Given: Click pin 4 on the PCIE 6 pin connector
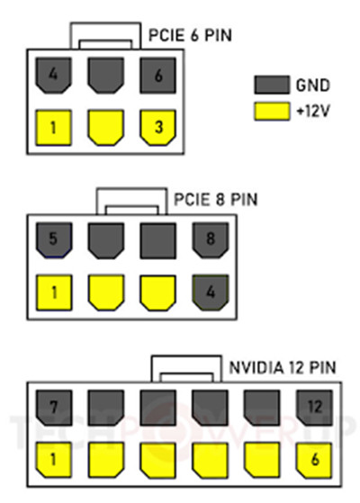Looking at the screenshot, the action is pyautogui.click(x=53, y=76).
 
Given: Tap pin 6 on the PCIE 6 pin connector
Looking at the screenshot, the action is pyautogui.click(x=157, y=76).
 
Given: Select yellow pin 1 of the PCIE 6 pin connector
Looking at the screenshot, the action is pyautogui.click(x=53, y=128).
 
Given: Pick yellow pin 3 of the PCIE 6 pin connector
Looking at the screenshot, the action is pyautogui.click(x=157, y=128).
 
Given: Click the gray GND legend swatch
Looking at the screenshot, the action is pyautogui.click(x=272, y=85).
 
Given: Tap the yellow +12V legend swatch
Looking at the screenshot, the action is pyautogui.click(x=272, y=112).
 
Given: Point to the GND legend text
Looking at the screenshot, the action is pyautogui.click(x=312, y=85).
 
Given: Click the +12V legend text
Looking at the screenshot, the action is pyautogui.click(x=313, y=112).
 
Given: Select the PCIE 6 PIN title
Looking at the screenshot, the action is pyautogui.click(x=190, y=35).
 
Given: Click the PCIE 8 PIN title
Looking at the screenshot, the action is pyautogui.click(x=216, y=200).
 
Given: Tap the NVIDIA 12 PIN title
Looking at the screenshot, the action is pyautogui.click(x=283, y=367).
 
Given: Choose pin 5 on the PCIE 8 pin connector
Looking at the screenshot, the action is pyautogui.click(x=53, y=240).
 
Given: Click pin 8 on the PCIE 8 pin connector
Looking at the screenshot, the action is pyautogui.click(x=211, y=240).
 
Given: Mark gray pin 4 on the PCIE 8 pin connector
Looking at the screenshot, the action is pyautogui.click(x=211, y=292).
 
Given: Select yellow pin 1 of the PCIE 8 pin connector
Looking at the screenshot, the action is pyautogui.click(x=53, y=292).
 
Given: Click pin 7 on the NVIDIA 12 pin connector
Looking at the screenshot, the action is pyautogui.click(x=53, y=408).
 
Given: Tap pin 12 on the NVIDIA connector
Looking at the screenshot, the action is pyautogui.click(x=314, y=408).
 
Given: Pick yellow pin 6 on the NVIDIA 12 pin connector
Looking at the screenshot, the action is pyautogui.click(x=314, y=460).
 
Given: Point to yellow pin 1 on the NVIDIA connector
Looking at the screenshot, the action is pyautogui.click(x=53, y=460).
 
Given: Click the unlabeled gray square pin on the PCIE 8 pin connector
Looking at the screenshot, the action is pyautogui.click(x=157, y=240).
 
